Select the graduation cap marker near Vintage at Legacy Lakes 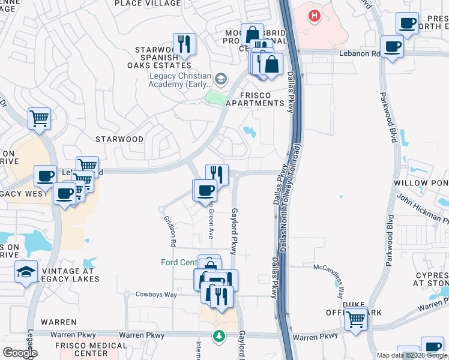[26, 272]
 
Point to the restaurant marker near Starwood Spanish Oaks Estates [184, 44]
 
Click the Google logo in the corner [20, 353]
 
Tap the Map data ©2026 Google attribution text [412, 355]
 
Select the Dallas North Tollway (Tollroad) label [291, 198]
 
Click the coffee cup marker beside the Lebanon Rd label [393, 47]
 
